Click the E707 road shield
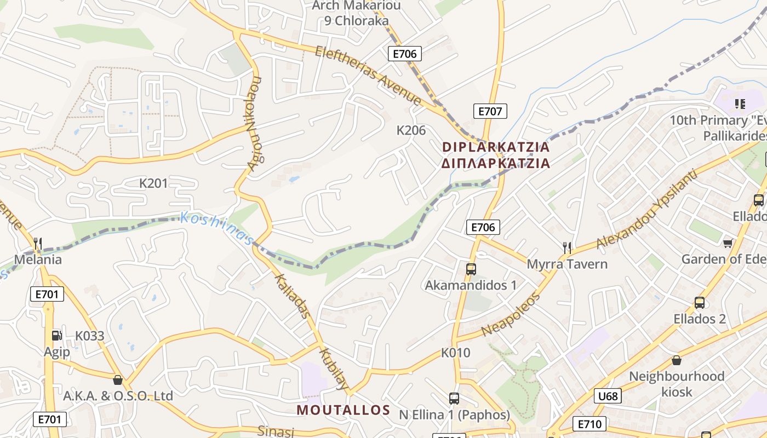[490, 111]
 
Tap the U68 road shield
[608, 396]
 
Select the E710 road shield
[589, 424]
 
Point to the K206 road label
[411, 130]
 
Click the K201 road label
[153, 183]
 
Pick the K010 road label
[456, 353]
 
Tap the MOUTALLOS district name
[344, 410]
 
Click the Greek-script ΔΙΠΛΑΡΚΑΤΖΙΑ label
[495, 163]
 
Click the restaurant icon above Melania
[38, 243]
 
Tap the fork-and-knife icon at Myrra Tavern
[567, 248]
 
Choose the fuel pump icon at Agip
[56, 336]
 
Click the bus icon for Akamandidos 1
[471, 269]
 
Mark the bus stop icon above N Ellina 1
[454, 399]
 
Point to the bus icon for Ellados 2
[699, 303]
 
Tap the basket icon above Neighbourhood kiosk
[677, 360]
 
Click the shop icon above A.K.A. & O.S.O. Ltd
[117, 380]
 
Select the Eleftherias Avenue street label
[368, 76]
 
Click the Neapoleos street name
[511, 315]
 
